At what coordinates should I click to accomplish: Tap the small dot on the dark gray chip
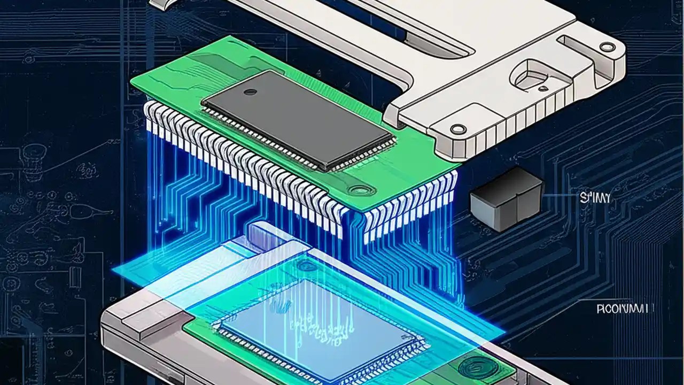[x=249, y=92]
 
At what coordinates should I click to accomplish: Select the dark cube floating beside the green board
[x=506, y=199]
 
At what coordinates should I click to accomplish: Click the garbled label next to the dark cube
[x=595, y=198]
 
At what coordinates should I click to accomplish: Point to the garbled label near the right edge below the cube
[x=622, y=309]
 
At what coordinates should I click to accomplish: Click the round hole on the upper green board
[x=357, y=189]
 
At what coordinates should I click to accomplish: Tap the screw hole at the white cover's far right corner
[x=607, y=47]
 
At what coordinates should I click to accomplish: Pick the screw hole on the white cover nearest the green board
[x=457, y=128]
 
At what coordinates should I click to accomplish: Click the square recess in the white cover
[x=534, y=76]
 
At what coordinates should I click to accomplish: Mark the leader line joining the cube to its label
[x=558, y=197]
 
